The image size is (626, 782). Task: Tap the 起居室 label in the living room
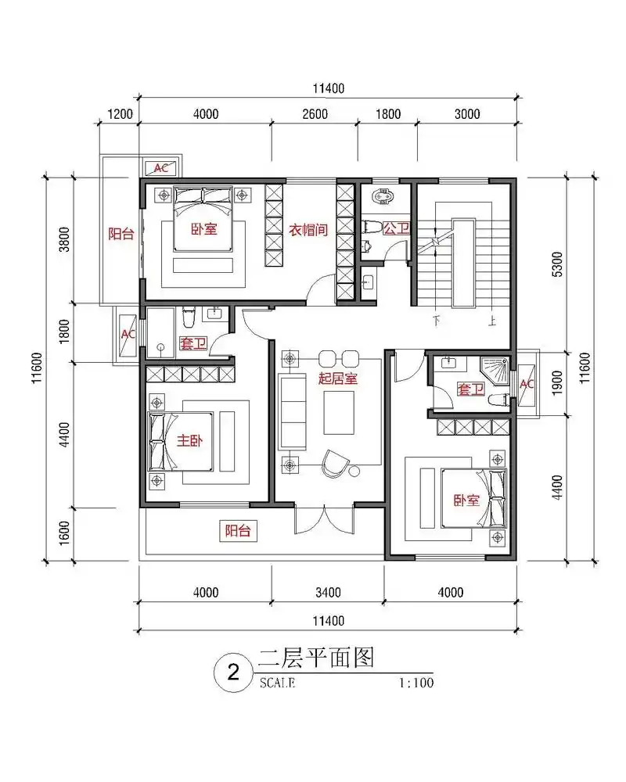pos(338,379)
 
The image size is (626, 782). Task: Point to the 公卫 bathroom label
pos(397,229)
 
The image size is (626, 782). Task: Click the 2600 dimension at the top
pos(314,114)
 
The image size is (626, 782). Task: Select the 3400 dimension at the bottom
pos(328,591)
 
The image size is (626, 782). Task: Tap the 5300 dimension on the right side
pos(556,258)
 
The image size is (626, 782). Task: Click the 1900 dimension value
pos(556,383)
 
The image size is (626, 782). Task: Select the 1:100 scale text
pos(415,683)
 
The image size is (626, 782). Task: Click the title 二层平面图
pos(317,658)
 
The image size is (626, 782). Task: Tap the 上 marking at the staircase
pos(491,320)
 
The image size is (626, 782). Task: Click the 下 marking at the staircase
pos(436,320)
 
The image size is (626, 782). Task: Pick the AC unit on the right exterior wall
pos(527,384)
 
